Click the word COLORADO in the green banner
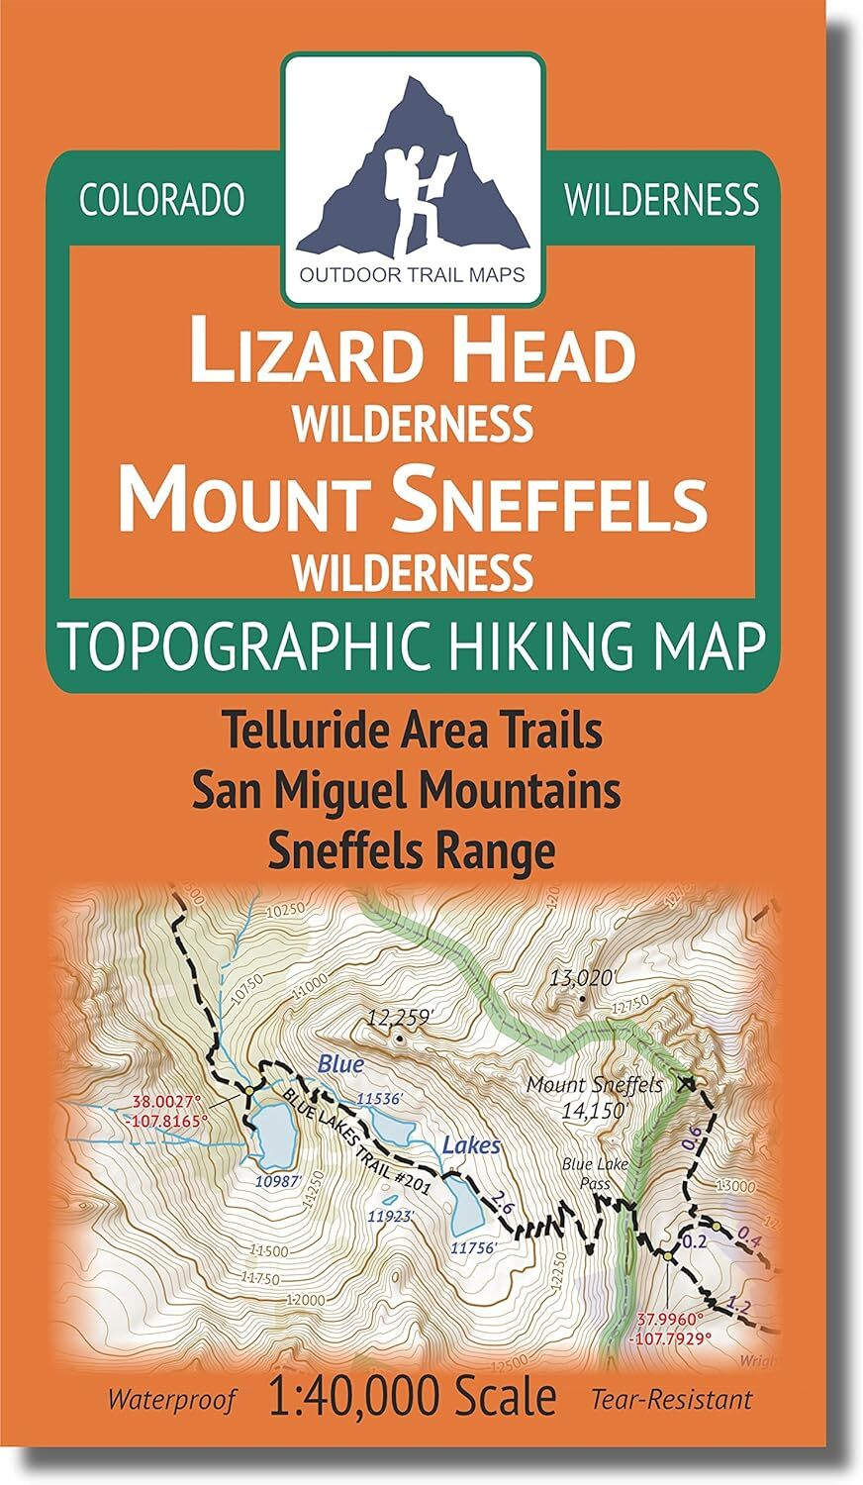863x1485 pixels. click(x=161, y=200)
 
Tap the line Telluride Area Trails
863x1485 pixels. click(x=413, y=733)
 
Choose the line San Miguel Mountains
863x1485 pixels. click(x=413, y=791)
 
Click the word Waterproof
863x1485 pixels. click(x=172, y=1400)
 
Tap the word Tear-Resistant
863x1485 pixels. click(x=671, y=1400)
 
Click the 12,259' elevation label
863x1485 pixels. click(x=399, y=1017)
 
